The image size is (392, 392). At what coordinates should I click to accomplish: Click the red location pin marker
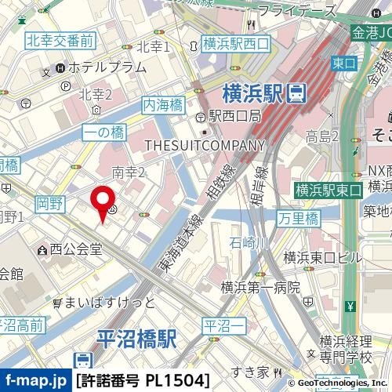(x=102, y=201)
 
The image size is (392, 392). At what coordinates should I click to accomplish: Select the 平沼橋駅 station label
(x=136, y=339)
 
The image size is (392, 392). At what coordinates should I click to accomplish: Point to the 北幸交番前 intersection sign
(x=60, y=39)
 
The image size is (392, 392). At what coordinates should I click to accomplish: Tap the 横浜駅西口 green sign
(x=235, y=45)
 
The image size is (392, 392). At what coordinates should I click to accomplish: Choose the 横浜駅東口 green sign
(x=328, y=190)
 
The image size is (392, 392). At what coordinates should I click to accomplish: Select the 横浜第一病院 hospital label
(x=260, y=288)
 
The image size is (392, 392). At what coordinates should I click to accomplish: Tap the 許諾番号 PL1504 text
(x=143, y=381)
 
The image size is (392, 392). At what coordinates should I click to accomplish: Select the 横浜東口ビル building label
(x=323, y=257)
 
